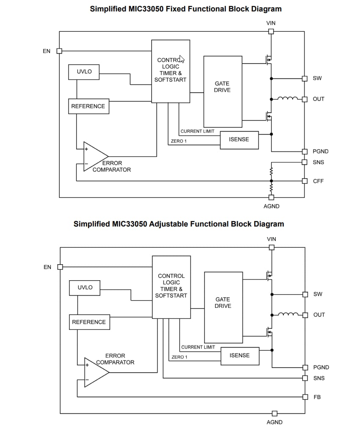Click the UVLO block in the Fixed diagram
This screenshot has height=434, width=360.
pos(84,72)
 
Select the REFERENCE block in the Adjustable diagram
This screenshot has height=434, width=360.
pos(89,322)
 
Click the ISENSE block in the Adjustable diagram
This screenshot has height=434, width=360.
pos(240,356)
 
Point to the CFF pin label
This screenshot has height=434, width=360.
pos(318,181)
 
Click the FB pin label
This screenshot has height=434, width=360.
pos(317,397)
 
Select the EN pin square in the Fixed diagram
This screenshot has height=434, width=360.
pos(59,51)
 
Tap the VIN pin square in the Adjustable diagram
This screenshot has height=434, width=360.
pos(271,247)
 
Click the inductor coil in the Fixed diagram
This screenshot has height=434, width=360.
pos(288,99)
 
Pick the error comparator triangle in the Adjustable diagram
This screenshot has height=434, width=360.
pos(96,372)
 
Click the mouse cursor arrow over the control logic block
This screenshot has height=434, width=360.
pos(182,59)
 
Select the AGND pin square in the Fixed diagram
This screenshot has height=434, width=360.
pos(271,197)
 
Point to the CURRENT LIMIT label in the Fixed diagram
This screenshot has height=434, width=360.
pos(197,131)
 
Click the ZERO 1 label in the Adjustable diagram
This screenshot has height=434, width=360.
pos(179,357)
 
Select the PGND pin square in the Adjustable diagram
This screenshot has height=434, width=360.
pos(305,368)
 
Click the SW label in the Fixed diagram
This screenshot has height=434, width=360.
pos(317,78)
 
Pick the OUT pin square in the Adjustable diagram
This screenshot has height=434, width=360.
pos(305,315)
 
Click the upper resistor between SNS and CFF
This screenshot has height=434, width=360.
pos(271,171)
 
